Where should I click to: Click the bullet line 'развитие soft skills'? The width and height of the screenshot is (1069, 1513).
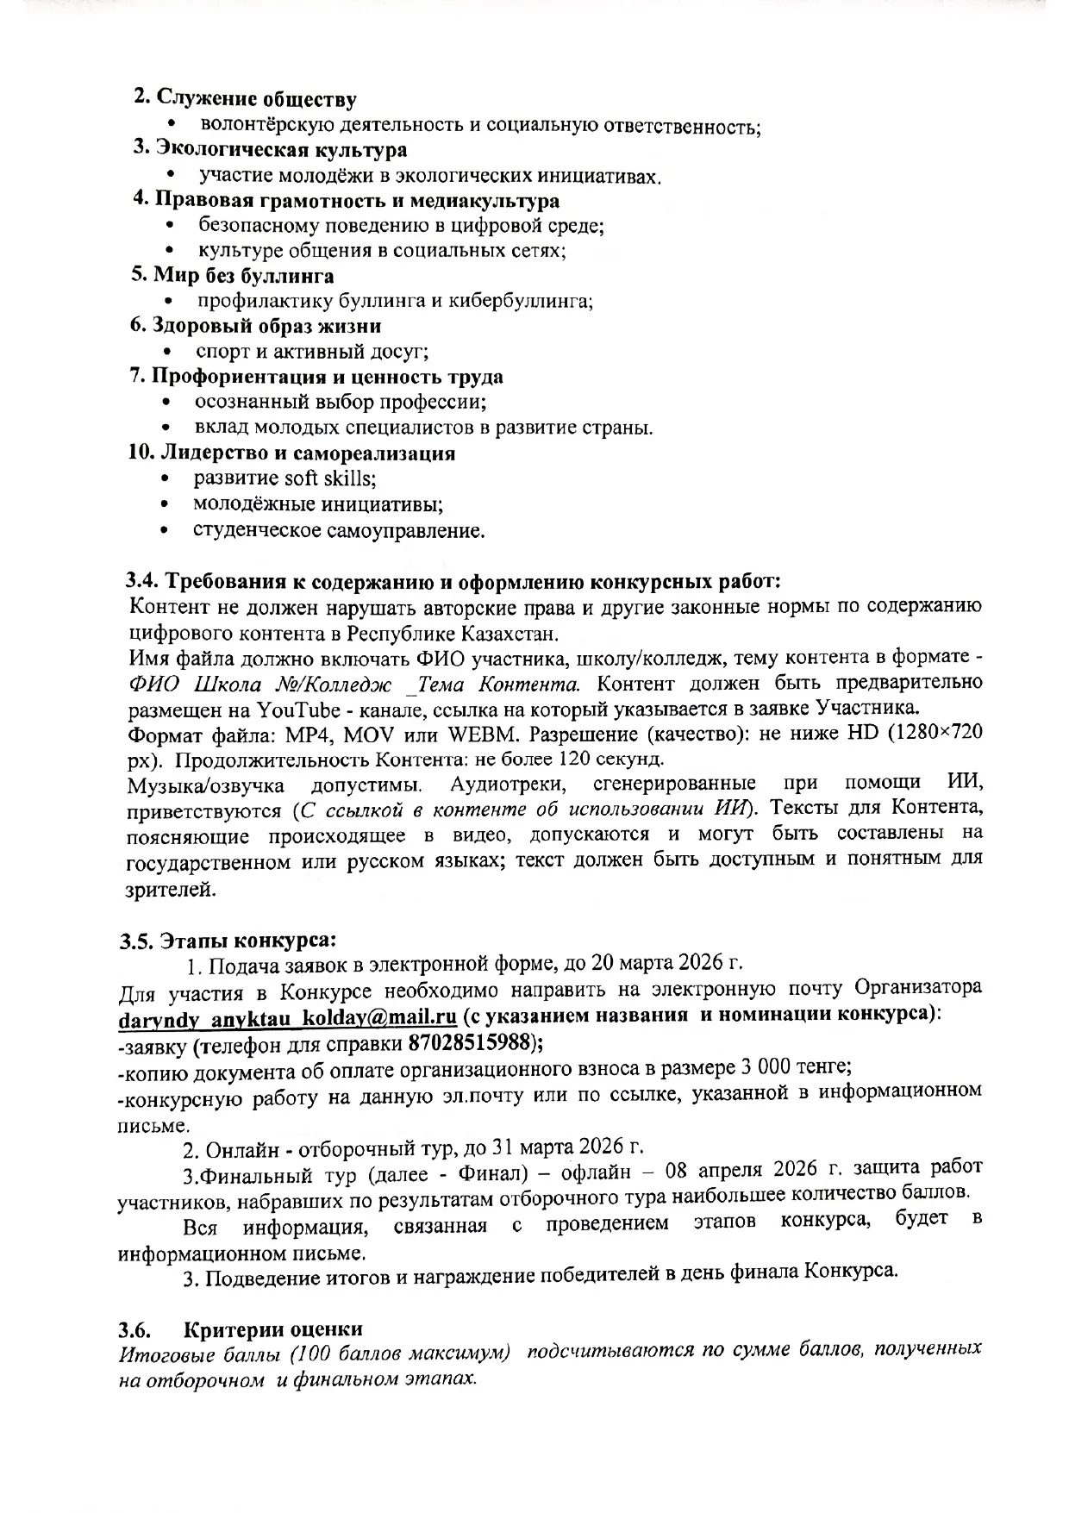(x=284, y=478)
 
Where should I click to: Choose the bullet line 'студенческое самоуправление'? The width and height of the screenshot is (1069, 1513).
(x=338, y=529)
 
